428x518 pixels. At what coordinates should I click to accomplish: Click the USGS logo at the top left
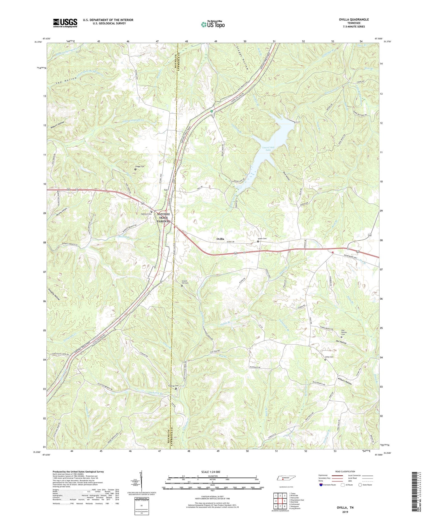(65, 23)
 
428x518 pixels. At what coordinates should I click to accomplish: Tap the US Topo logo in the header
(212, 24)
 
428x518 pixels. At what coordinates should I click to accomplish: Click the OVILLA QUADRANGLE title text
(354, 20)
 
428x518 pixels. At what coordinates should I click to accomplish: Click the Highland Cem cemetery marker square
(152, 212)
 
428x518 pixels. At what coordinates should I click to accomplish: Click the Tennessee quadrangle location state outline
(285, 478)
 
